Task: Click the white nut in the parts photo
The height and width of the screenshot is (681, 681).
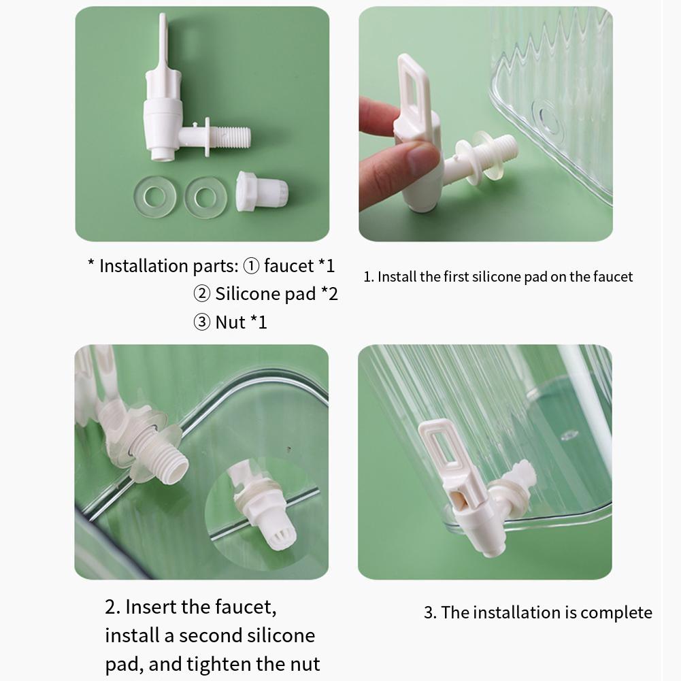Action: (x=262, y=192)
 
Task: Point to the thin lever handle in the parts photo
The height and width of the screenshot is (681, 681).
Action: (x=162, y=41)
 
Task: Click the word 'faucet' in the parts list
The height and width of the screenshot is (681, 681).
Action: (x=289, y=266)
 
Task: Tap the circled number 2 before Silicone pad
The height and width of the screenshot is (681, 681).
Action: (x=202, y=294)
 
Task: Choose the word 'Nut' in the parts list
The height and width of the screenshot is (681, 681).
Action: (x=230, y=322)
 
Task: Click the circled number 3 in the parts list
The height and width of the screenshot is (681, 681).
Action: (x=202, y=322)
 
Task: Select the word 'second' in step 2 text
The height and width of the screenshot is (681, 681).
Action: (x=212, y=635)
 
